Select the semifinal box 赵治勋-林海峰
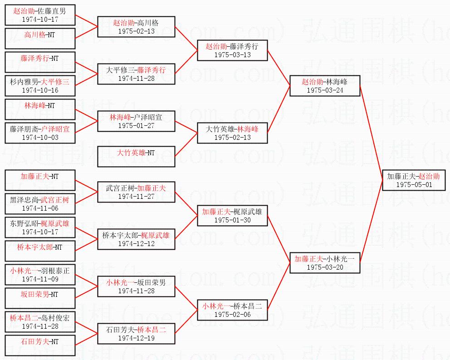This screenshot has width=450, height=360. pyautogui.click(x=324, y=85)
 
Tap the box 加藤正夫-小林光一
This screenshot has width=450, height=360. pyautogui.click(x=324, y=262)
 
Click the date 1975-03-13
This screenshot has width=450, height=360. pyautogui.click(x=232, y=54)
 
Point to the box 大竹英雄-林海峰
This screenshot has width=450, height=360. pyautogui.click(x=232, y=133)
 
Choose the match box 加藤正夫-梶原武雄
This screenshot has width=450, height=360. pyautogui.click(x=232, y=215)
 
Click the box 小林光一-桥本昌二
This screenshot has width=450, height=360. pyautogui.click(x=232, y=310)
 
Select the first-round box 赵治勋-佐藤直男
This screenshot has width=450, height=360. pyautogui.click(x=39, y=15)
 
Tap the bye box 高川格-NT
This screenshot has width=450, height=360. pyautogui.click(x=39, y=38)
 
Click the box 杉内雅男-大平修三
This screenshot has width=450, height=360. pyautogui.click(x=39, y=85)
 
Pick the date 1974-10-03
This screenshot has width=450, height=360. pyautogui.click(x=39, y=137)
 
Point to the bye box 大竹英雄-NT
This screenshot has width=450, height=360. pyautogui.click(x=136, y=156)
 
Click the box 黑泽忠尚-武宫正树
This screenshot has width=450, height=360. pyautogui.click(x=39, y=203)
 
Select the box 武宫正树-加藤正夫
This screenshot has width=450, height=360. pyautogui.click(x=136, y=192)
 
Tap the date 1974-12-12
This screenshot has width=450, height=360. pyautogui.click(x=136, y=243)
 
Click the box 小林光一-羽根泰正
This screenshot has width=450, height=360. pyautogui.click(x=39, y=274)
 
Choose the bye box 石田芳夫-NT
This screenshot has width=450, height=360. pyautogui.click(x=39, y=345)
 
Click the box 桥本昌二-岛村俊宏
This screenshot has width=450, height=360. pyautogui.click(x=39, y=321)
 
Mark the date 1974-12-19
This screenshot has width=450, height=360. pyautogui.click(x=136, y=338)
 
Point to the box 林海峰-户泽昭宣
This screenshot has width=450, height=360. pyautogui.click(x=136, y=121)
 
